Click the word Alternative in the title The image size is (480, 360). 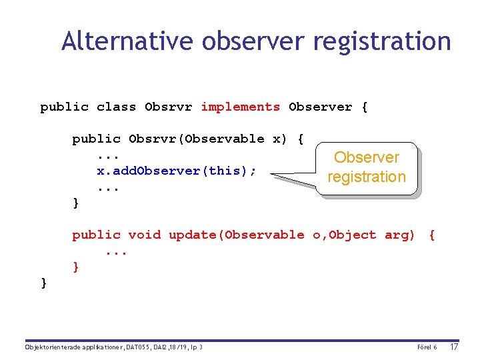click(x=127, y=41)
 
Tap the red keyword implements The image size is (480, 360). click(x=240, y=107)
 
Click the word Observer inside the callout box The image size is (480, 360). click(x=366, y=158)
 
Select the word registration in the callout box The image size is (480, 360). click(x=366, y=177)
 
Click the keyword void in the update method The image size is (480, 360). click(x=144, y=235)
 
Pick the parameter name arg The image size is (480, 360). click(x=399, y=235)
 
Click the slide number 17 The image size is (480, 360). click(x=454, y=347)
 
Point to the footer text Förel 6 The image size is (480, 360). click(x=427, y=347)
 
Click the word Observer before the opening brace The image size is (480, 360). click(x=320, y=107)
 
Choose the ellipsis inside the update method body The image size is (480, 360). click(x=116, y=251)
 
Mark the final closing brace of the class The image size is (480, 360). click(x=44, y=283)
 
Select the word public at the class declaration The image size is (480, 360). click(x=64, y=107)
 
